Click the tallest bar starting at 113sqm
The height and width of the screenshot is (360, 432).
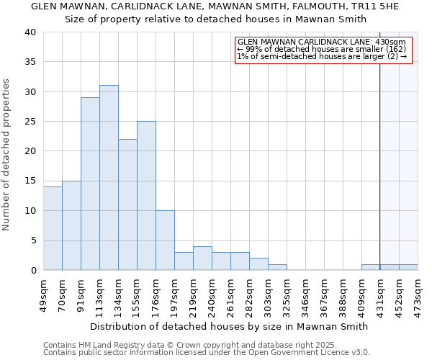(x=109, y=178)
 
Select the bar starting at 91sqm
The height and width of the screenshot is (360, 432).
(x=90, y=184)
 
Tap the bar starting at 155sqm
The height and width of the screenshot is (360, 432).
(x=146, y=196)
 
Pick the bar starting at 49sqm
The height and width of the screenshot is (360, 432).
(x=53, y=228)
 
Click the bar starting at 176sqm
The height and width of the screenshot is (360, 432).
(x=165, y=240)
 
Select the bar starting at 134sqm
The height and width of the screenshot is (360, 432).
(x=127, y=204)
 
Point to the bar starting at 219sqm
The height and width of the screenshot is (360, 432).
(x=202, y=258)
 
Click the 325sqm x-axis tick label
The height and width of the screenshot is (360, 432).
(x=287, y=292)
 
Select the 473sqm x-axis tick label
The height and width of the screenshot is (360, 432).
(x=418, y=292)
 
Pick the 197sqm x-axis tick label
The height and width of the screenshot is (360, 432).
(x=174, y=292)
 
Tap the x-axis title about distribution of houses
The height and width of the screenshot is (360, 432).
(x=230, y=326)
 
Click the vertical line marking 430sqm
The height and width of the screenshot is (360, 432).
(x=380, y=158)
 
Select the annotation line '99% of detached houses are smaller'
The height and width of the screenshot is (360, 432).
(x=322, y=49)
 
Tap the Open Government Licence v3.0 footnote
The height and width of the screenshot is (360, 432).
(x=207, y=352)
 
